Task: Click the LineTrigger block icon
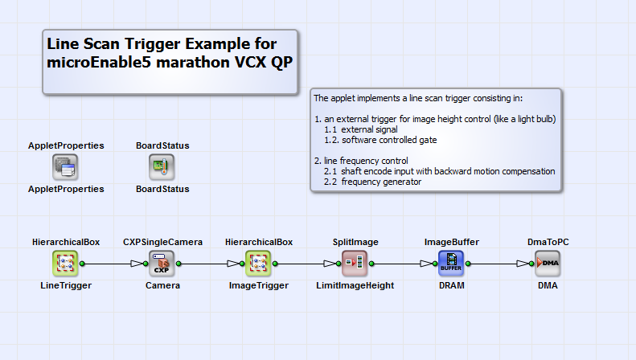[x=66, y=262]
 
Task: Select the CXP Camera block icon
[x=162, y=262]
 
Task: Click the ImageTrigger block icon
[x=259, y=262]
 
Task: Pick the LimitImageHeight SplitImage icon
[x=355, y=262]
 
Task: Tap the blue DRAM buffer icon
[x=451, y=262]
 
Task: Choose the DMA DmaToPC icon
[x=548, y=262]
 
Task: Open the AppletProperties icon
[x=66, y=167]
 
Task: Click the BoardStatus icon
[x=162, y=167]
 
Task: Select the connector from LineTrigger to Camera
[x=109, y=263]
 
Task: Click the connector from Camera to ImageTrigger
[x=205, y=263]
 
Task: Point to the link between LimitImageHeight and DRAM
[x=398, y=263]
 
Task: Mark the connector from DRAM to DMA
[x=494, y=263]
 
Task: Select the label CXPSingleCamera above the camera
[x=162, y=241]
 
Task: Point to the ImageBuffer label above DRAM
[x=452, y=241]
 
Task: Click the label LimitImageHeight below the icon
[x=355, y=285]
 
